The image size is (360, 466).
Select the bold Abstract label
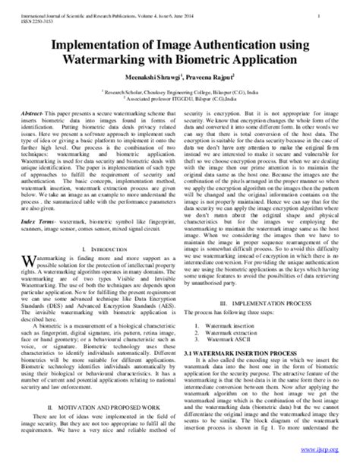click(52, 111)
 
